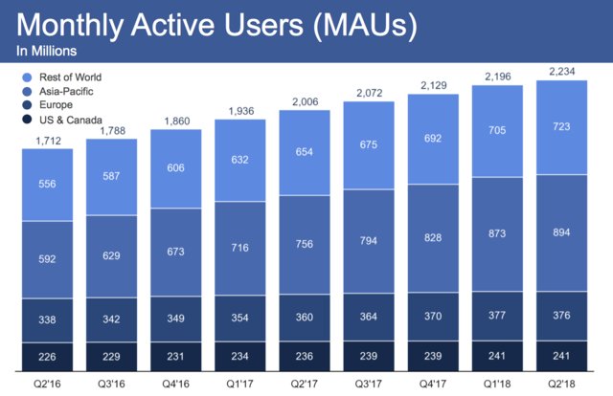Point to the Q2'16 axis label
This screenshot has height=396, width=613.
coord(47,380)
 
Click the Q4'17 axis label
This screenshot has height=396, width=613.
coord(432,380)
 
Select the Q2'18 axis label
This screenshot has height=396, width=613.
coord(560,380)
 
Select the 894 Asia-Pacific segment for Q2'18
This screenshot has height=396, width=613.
coord(560,233)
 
